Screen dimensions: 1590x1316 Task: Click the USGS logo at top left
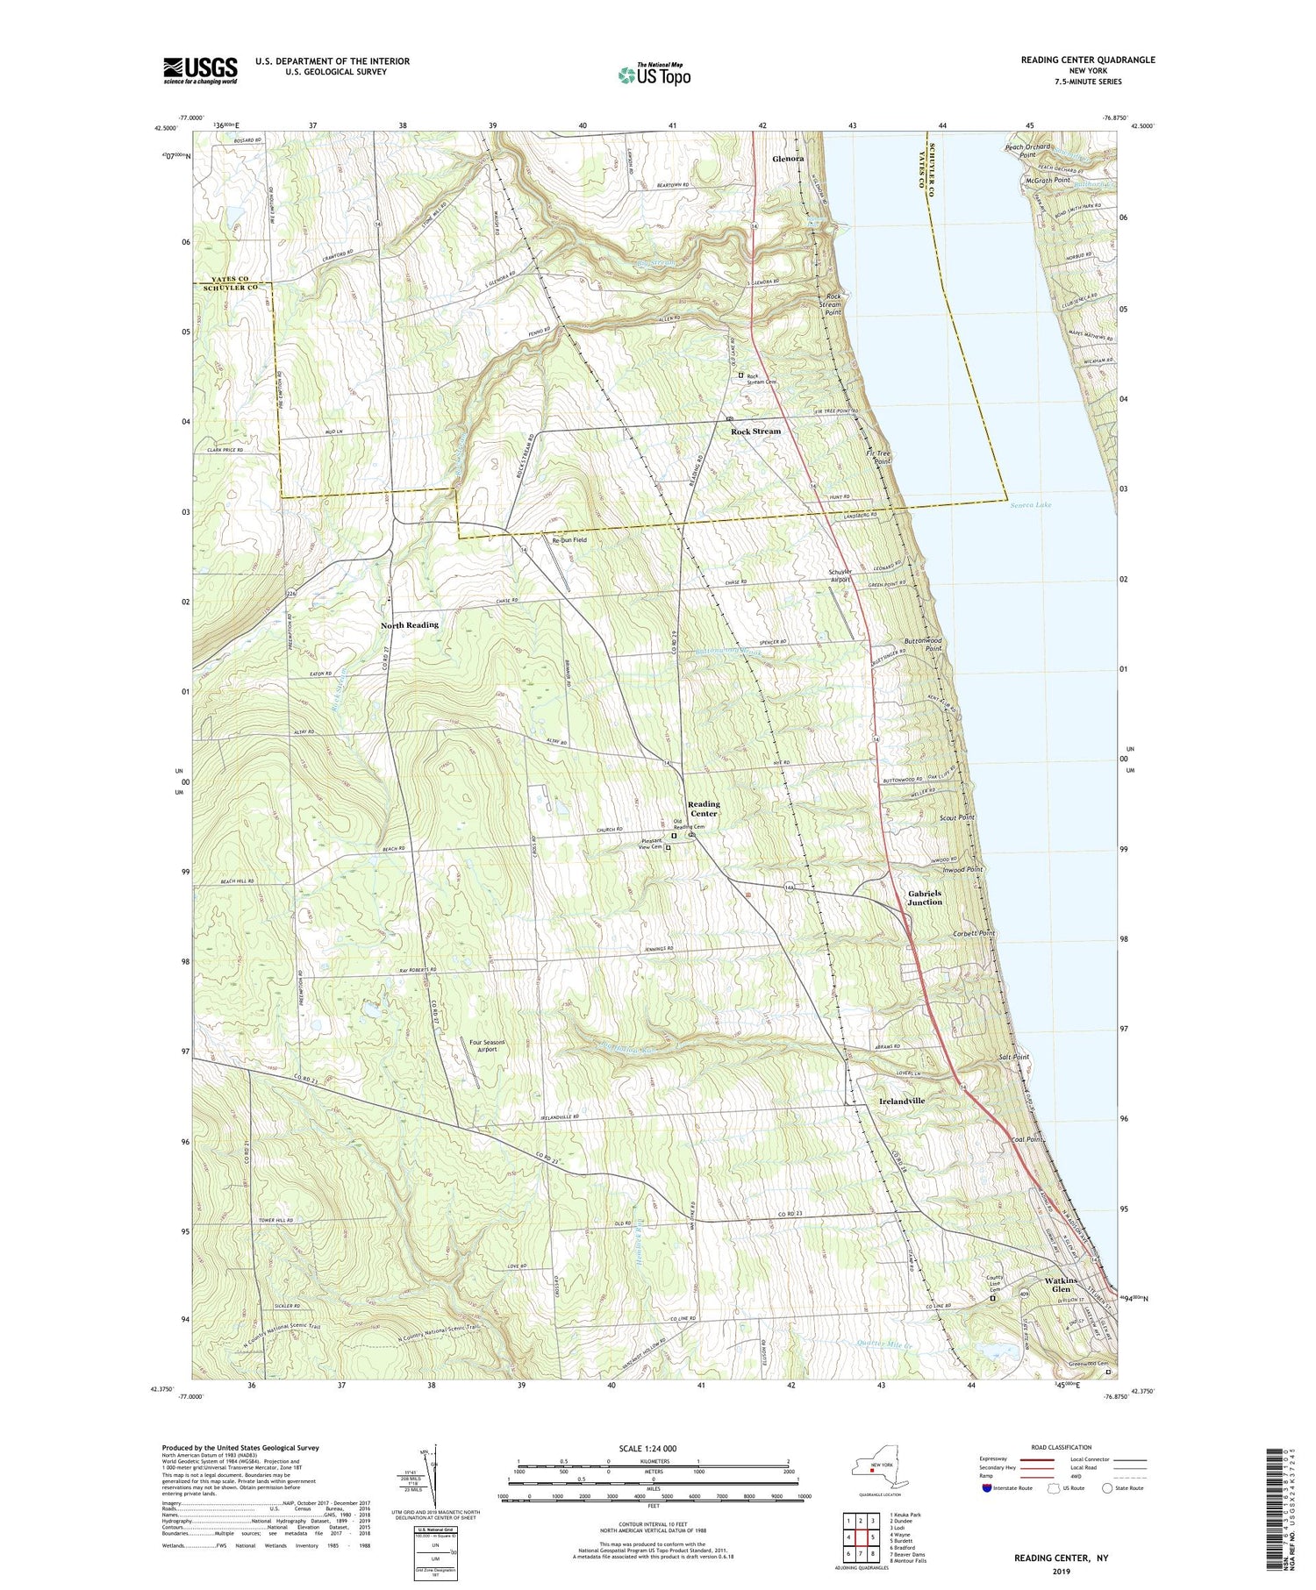click(x=200, y=70)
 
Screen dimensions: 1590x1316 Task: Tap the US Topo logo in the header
click(x=654, y=75)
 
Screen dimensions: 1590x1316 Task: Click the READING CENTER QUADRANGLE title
click(x=1087, y=60)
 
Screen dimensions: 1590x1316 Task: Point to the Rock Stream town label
click(x=755, y=431)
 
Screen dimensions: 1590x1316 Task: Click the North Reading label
click(x=409, y=624)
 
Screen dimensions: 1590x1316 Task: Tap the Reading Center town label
click(x=703, y=809)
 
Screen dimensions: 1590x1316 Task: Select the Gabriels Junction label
click(x=924, y=897)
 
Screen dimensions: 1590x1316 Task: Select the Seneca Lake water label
click(x=1030, y=505)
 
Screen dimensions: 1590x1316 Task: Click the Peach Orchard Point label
click(x=1026, y=150)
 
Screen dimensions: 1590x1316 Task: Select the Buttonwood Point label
click(x=926, y=645)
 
